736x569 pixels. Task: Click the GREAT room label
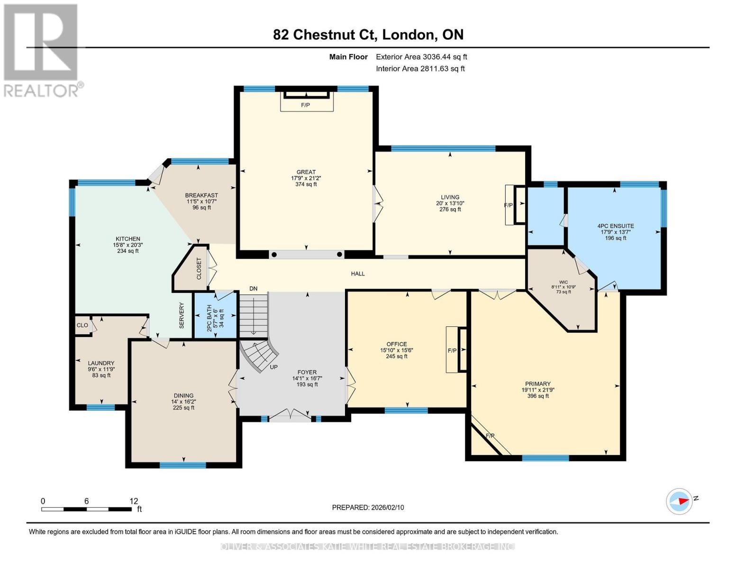tap(306, 172)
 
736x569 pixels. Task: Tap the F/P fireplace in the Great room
tap(306, 105)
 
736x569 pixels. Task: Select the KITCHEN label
tap(128, 239)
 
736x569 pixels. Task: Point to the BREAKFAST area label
tap(201, 195)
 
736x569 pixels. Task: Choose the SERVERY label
tap(182, 315)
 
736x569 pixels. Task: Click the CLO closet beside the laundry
tap(82, 325)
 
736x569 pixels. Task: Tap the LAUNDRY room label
tap(101, 363)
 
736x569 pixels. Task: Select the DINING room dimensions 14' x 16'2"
tap(183, 402)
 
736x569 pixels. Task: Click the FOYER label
tap(307, 372)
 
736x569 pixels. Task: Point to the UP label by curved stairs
tap(273, 367)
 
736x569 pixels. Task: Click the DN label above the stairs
tap(254, 289)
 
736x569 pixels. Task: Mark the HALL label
tap(358, 274)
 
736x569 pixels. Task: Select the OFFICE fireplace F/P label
tap(452, 351)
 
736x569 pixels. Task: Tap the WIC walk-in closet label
tap(563, 282)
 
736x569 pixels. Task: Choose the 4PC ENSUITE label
tap(616, 226)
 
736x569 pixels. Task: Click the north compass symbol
tap(680, 501)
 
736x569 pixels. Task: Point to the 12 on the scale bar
tap(134, 501)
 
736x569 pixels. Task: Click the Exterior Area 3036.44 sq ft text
tap(421, 57)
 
